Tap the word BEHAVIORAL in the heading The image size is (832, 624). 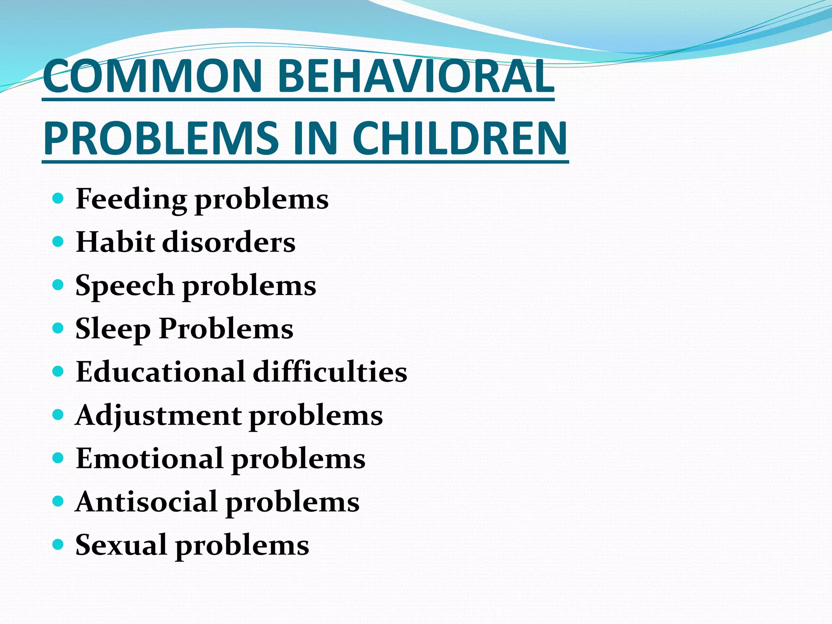[x=416, y=76]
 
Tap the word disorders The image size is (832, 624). [x=229, y=242]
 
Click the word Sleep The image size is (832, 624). [x=113, y=329]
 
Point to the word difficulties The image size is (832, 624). [x=330, y=372]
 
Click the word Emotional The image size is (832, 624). [x=149, y=459]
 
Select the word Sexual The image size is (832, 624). [x=121, y=545]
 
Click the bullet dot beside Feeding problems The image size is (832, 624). [x=58, y=199]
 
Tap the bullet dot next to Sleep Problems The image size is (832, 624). [x=58, y=328]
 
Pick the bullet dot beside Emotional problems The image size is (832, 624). [x=58, y=458]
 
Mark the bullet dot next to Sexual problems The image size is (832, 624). [x=58, y=544]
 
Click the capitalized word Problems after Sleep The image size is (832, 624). [x=226, y=329]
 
